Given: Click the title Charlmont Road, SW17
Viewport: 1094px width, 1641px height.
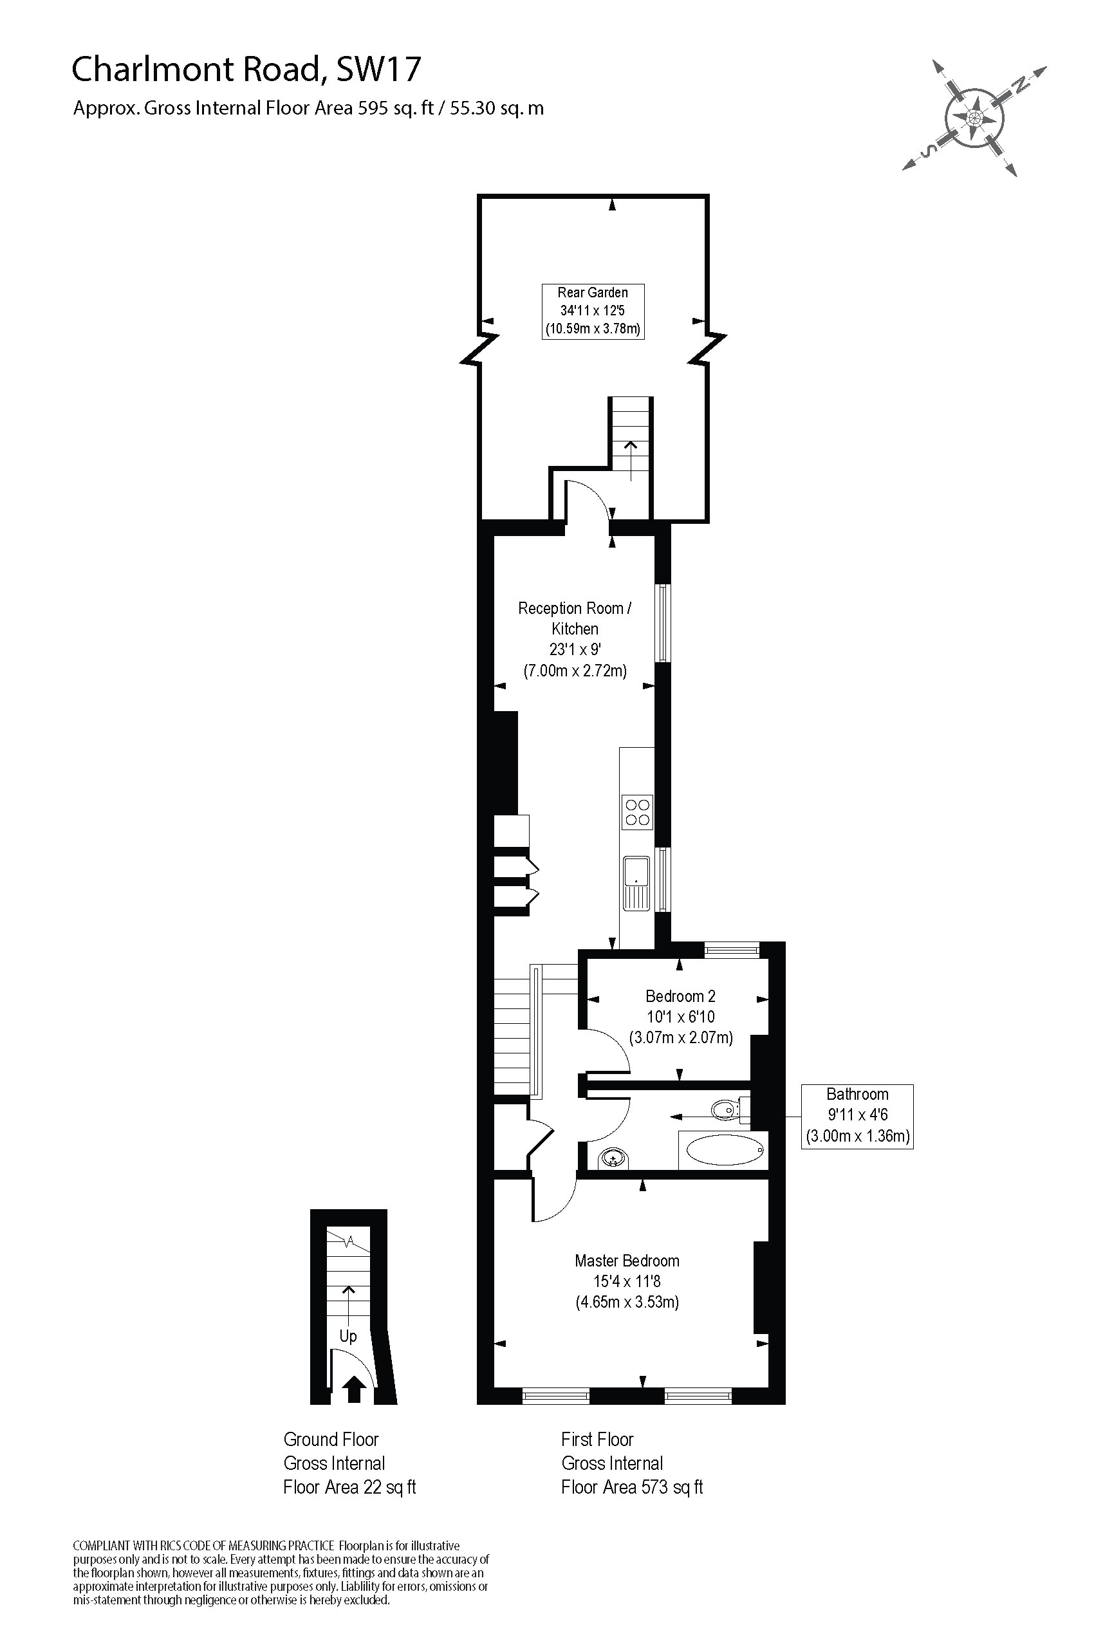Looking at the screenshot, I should (x=246, y=69).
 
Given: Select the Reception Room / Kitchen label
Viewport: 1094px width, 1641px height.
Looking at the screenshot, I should (x=574, y=638).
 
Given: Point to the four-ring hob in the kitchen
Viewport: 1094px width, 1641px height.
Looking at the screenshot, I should (x=637, y=813).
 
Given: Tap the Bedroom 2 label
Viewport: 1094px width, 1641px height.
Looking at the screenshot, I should (x=680, y=1017).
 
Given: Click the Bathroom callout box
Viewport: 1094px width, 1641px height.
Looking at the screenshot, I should (x=857, y=1116).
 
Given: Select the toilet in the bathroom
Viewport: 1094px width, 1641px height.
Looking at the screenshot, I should (x=726, y=1109).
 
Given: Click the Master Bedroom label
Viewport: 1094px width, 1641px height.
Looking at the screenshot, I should (x=627, y=1281).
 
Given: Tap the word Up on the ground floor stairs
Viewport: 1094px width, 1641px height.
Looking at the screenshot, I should (x=348, y=1336).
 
